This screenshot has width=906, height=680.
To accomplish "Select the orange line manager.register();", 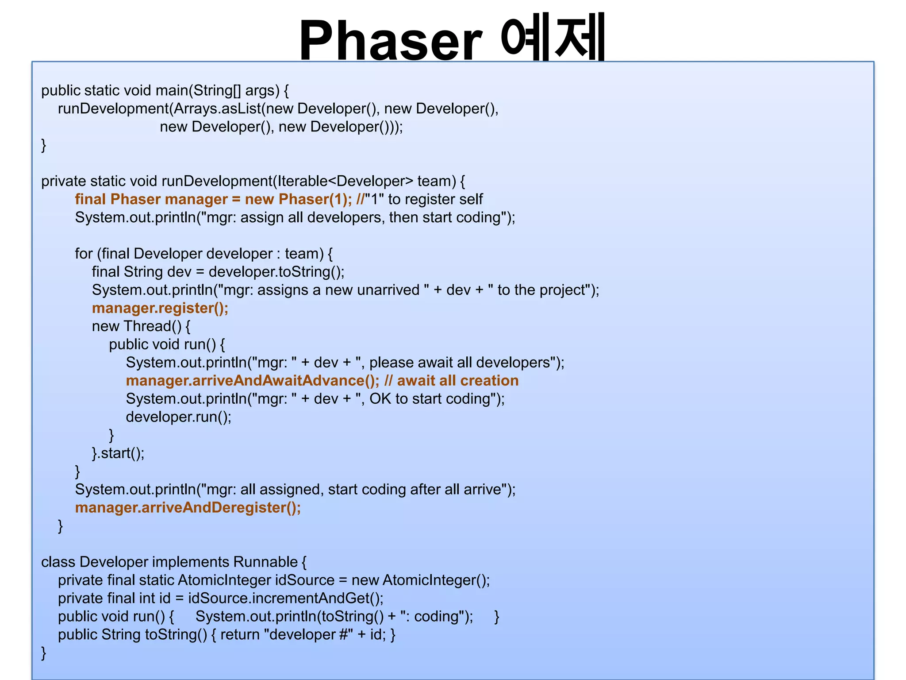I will coord(160,308).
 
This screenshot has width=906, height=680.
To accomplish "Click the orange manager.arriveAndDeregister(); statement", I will coord(188,507).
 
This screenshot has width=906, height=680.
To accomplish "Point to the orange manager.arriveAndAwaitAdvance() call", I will coord(252,381).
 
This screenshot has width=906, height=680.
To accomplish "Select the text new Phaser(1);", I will coord(298,199).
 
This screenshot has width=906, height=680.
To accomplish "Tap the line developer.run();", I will coord(179,417).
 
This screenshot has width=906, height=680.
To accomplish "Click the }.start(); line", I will coord(118,453).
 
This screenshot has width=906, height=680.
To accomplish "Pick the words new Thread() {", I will coord(141,326).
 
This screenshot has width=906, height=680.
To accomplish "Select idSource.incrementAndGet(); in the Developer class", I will coord(286,598).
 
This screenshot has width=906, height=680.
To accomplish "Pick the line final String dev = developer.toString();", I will coord(218,272).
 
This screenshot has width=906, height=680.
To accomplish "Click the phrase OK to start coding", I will coord(429,399).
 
